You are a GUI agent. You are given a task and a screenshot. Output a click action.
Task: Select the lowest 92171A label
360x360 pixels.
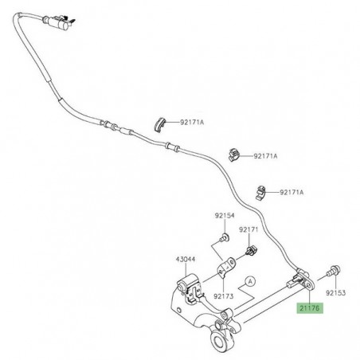[288, 194]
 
